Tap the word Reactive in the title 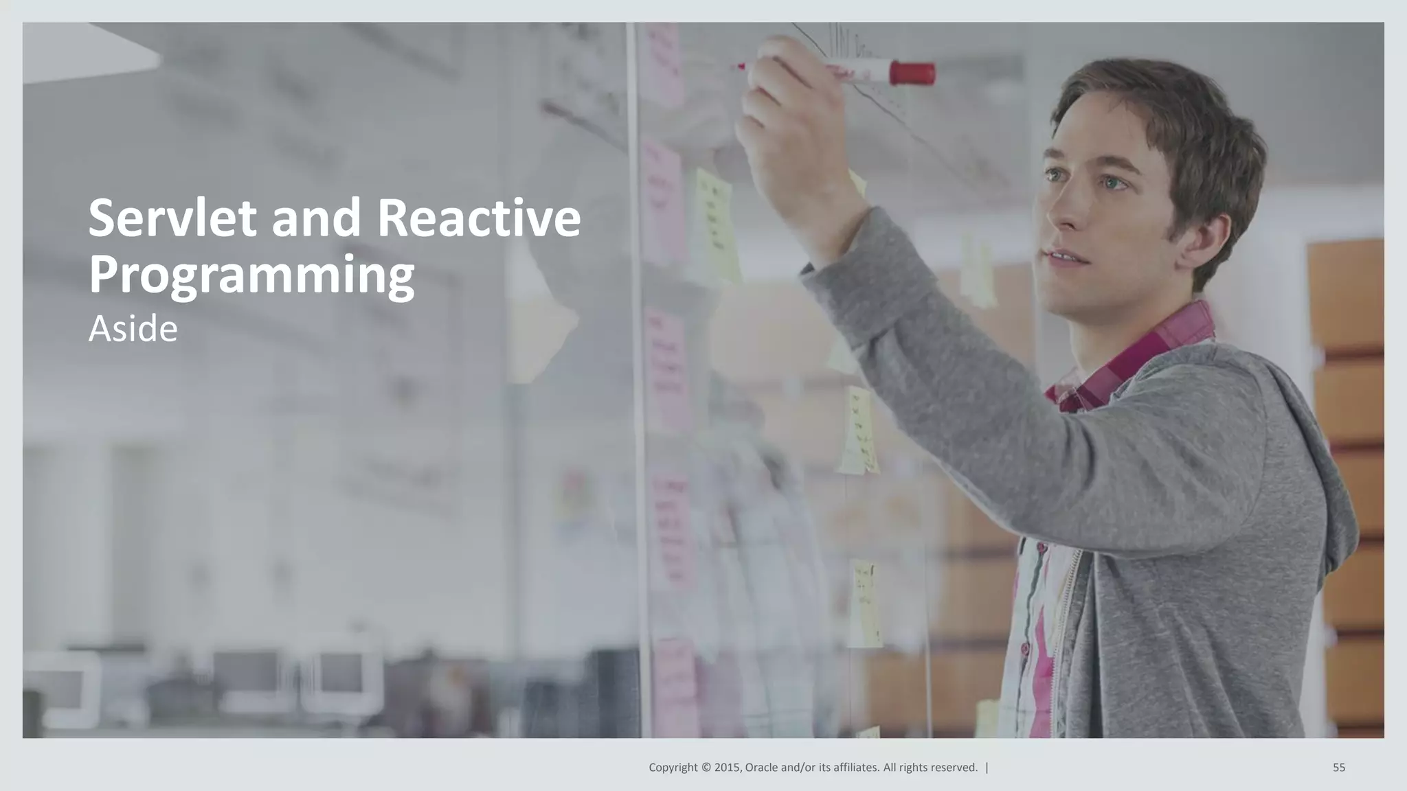478,218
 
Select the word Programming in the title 251,275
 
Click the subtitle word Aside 133,329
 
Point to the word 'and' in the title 316,218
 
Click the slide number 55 1338,768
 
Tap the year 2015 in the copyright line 727,768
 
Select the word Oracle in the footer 763,768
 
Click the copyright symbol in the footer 706,768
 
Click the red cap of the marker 912,73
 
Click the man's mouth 1065,257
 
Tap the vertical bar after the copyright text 987,768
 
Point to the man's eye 1113,183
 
